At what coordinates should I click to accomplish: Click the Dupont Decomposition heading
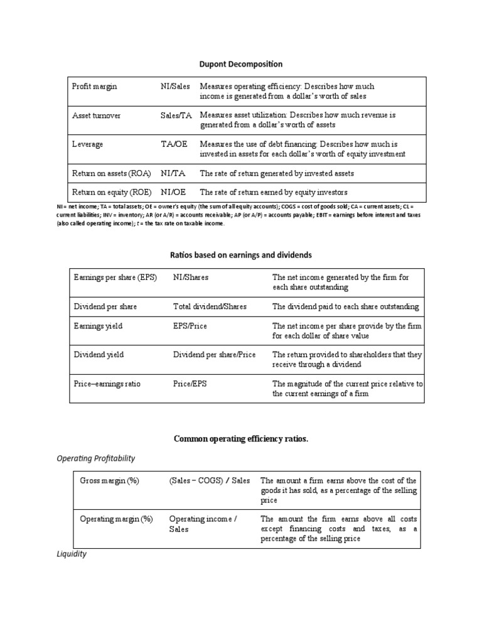coord(241,64)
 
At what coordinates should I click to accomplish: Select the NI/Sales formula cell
coord(175,87)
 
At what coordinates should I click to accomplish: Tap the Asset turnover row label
coord(97,116)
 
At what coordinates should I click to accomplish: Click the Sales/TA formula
coord(176,116)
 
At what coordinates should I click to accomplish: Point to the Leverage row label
coord(88,144)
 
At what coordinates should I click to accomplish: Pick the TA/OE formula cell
coord(173,144)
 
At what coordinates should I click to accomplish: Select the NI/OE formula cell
coord(173,192)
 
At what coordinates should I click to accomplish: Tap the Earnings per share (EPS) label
coord(115,277)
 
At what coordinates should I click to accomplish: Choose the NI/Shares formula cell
coord(191,277)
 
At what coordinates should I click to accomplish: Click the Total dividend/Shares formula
coord(210,306)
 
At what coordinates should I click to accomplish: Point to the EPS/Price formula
coord(190,326)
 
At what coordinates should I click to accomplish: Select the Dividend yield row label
coord(99,355)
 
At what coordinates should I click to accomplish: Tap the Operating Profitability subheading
coord(95,458)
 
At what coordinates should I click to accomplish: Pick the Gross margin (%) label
coord(109,481)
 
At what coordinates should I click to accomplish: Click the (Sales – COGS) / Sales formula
coord(209,481)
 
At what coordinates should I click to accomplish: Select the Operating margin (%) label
coord(116,519)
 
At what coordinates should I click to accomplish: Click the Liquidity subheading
coord(72,554)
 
